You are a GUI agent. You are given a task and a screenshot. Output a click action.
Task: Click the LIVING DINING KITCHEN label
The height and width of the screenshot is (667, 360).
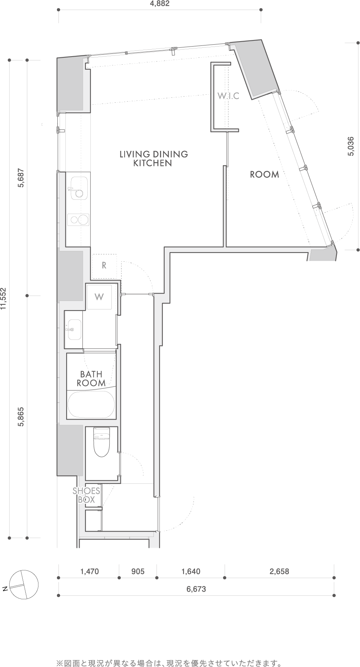(153, 159)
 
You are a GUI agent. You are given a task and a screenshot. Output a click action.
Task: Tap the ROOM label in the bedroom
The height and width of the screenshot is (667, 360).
(265, 174)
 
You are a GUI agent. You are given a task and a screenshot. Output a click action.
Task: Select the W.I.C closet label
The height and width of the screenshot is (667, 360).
(228, 96)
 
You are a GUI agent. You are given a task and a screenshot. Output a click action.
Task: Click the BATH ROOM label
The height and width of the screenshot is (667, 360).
(91, 378)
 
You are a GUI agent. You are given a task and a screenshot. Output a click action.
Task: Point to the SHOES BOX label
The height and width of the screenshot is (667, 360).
(87, 495)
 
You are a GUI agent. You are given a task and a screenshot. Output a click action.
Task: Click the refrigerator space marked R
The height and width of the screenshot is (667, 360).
(104, 266)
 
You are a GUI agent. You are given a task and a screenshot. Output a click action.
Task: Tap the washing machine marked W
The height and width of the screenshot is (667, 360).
(99, 297)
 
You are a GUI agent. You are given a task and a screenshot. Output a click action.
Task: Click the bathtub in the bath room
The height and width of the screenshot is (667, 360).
(91, 405)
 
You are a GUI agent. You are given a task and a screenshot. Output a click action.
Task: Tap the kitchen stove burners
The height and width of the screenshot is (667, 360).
(78, 220)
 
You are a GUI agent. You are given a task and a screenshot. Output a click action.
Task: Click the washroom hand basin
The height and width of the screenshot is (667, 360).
(74, 329)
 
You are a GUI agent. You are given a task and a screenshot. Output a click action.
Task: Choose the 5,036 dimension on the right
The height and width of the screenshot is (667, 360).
(351, 147)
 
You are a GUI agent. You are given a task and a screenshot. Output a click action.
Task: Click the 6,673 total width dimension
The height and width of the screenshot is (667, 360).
(196, 589)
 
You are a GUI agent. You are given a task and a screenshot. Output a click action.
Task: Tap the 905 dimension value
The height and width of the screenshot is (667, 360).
(138, 572)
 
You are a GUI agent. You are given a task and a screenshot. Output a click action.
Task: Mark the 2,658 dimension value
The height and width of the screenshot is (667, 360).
(279, 572)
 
